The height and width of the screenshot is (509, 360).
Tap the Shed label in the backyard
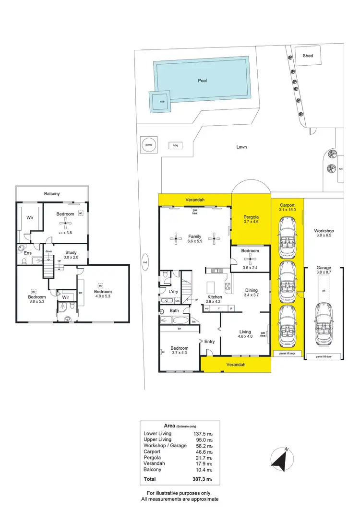308,56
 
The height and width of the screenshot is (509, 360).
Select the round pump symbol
148,144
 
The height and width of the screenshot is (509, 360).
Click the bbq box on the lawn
175,145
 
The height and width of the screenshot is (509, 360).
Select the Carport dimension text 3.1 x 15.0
287,210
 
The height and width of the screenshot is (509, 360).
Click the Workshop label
324,231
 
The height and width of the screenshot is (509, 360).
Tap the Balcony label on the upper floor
52,193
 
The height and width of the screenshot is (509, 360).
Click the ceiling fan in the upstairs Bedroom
65,223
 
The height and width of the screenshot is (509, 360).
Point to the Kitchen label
215,297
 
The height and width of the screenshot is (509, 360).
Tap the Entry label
210,342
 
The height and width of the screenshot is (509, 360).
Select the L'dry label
173,292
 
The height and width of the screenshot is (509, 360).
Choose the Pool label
203,81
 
